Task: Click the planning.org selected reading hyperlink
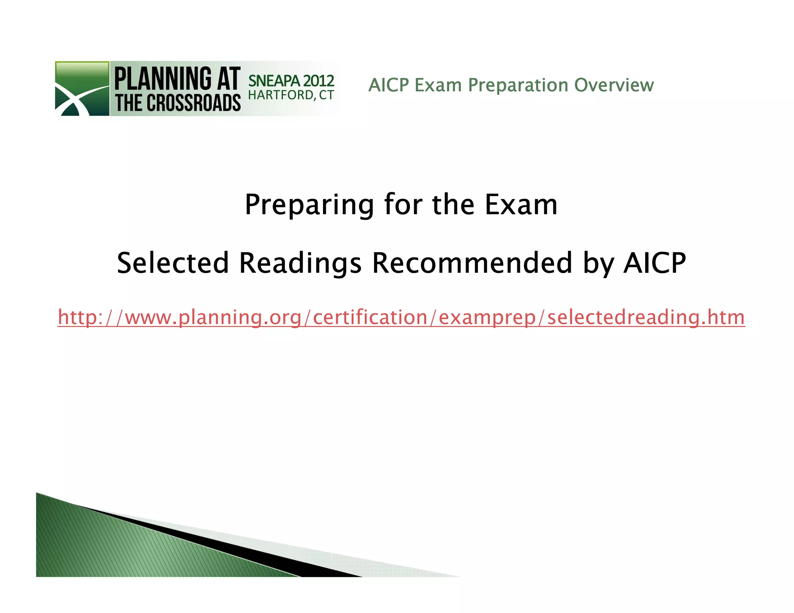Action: point(401,317)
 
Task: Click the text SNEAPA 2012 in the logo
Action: point(291,81)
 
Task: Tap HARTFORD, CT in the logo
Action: point(291,95)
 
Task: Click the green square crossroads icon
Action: point(82,89)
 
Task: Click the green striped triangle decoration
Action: point(116,550)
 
